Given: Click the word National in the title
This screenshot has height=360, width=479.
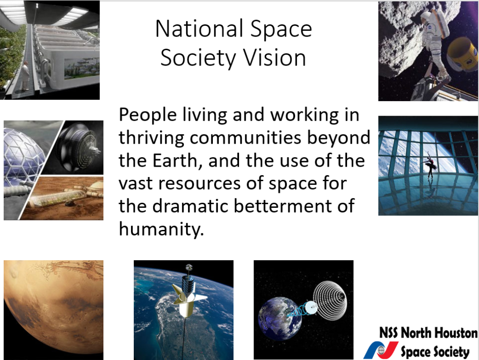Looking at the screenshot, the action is (199, 29).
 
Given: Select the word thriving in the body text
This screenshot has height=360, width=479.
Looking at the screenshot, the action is (152, 138).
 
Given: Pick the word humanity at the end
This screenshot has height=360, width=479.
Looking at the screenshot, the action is (161, 229).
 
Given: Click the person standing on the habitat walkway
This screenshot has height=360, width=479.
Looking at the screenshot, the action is (25, 75).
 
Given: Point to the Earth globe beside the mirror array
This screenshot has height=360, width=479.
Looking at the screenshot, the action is (279, 318).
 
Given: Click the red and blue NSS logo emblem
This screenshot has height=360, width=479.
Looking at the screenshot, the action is (381, 350).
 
